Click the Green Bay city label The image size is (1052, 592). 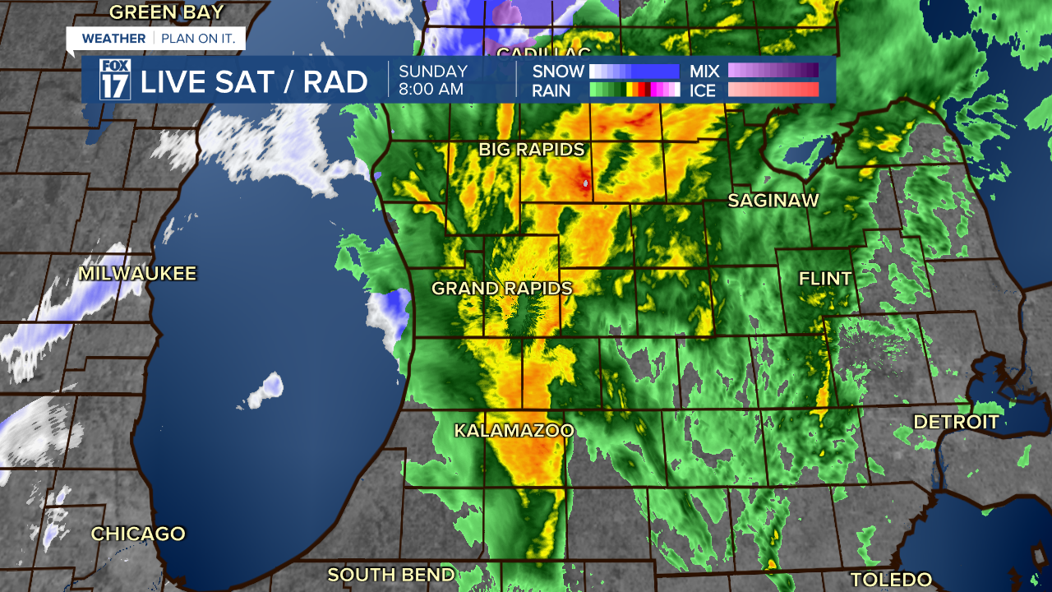point(167,12)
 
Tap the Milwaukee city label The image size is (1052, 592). point(138,274)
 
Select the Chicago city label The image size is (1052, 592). point(138,534)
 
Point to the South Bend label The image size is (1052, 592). point(391,575)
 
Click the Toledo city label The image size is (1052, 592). point(891,579)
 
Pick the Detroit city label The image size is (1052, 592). point(957,423)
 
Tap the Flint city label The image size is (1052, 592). point(825,279)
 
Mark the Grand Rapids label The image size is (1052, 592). point(501,289)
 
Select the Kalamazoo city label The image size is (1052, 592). point(514,431)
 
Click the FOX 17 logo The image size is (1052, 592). point(115,80)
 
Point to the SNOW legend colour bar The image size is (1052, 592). point(634,71)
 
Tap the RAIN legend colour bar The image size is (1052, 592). point(634,90)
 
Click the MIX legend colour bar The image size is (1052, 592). point(773,71)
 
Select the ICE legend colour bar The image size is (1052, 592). point(773,90)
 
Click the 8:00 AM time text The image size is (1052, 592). point(431,90)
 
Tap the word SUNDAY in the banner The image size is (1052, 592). point(433,72)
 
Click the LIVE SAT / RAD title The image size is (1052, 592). point(254,81)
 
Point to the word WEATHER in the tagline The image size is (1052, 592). point(113,39)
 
